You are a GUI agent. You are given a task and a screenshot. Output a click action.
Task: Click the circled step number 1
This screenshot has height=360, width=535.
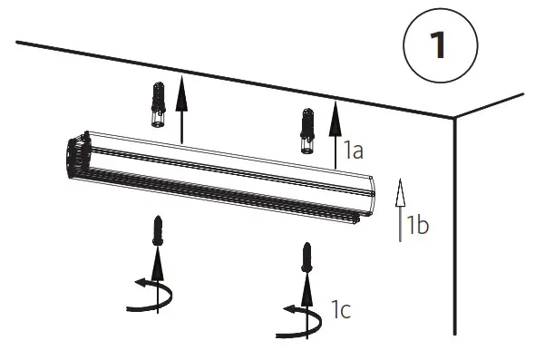440,45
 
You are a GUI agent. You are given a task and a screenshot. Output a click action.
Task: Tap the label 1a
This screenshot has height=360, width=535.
353,151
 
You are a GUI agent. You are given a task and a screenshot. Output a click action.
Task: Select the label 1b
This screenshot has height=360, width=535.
417,225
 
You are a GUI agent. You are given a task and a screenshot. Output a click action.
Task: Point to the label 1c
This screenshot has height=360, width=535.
341,310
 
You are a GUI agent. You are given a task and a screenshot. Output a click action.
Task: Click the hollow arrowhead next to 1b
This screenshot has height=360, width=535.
400,192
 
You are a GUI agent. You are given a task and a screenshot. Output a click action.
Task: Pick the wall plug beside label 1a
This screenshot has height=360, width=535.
307,131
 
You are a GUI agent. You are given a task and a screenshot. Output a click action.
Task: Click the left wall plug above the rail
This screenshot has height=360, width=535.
159,104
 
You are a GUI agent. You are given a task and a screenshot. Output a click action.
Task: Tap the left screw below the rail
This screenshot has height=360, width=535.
157,230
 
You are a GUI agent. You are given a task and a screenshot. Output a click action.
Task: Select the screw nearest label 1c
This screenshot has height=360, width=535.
307,258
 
